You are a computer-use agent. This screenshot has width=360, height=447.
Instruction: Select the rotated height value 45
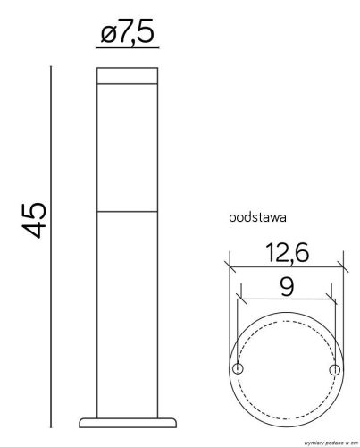click(36, 219)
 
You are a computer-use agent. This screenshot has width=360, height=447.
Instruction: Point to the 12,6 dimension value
click(285, 255)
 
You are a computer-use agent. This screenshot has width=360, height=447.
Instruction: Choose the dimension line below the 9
click(285, 302)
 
